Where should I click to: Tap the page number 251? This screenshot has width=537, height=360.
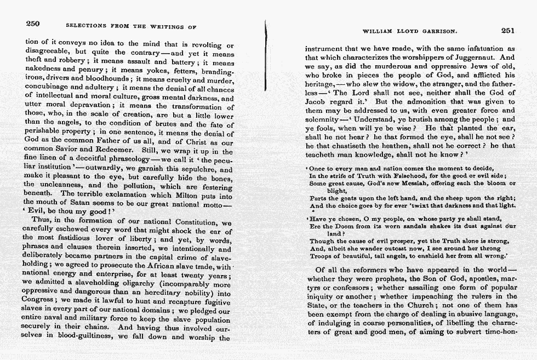point(507,31)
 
